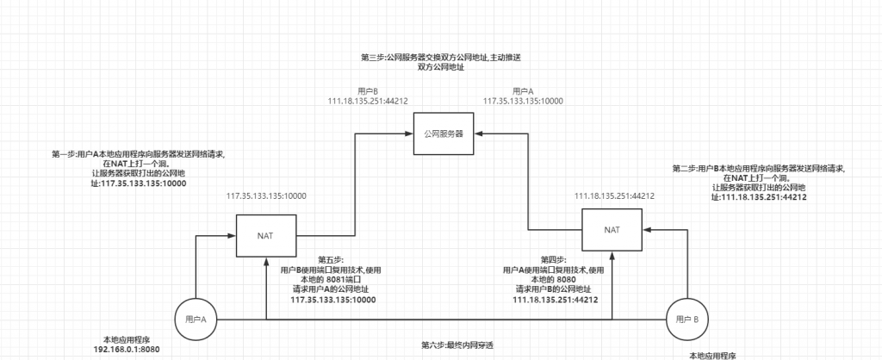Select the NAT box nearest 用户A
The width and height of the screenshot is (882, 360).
(x=265, y=234)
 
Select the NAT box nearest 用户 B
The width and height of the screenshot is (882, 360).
(x=611, y=230)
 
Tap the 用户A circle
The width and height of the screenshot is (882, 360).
(x=196, y=320)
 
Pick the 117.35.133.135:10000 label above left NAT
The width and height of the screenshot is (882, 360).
(x=266, y=196)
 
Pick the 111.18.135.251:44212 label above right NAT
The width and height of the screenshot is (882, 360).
(x=612, y=196)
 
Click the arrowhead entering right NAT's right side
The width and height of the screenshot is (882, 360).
(x=645, y=230)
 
